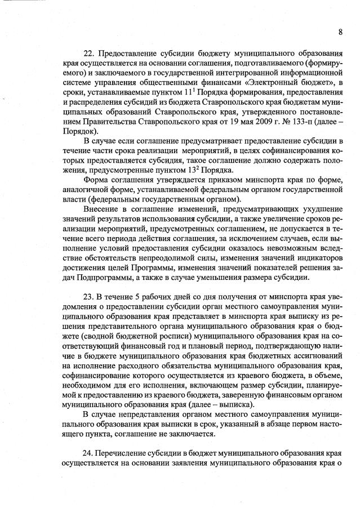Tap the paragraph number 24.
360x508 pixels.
pyautogui.click(x=89, y=453)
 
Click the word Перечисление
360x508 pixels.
pyautogui.click(x=125, y=453)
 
